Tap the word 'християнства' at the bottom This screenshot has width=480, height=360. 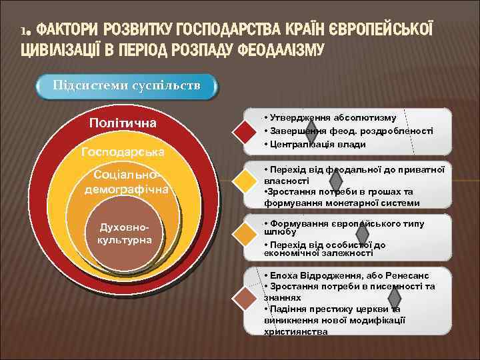pos(295,331)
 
